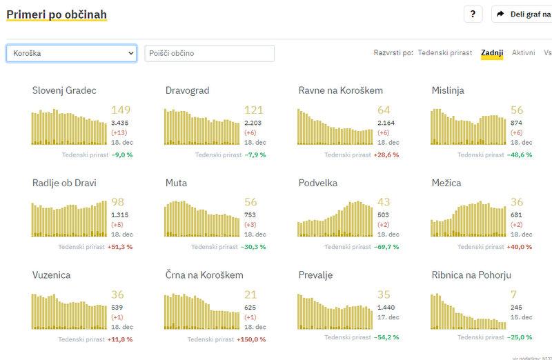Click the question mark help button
pyautogui.click(x=473, y=14)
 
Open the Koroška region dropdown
pyautogui.click(x=72, y=53)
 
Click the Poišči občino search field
pyautogui.click(x=209, y=53)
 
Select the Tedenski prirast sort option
pyautogui.click(x=445, y=52)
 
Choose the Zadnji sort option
pyautogui.click(x=492, y=52)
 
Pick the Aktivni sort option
pyautogui.click(x=523, y=52)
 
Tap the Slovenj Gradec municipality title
pyautogui.click(x=64, y=90)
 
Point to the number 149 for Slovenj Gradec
pyautogui.click(x=121, y=110)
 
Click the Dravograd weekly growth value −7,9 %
pyautogui.click(x=255, y=154)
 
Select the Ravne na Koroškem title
pyautogui.click(x=341, y=90)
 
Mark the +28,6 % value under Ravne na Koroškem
pyautogui.click(x=386, y=154)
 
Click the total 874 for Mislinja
pyautogui.click(x=517, y=123)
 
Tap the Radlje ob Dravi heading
pyautogui.click(x=64, y=183)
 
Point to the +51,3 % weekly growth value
pyautogui.click(x=120, y=247)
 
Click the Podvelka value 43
pyautogui.click(x=384, y=203)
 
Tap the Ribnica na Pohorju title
pyautogui.click(x=471, y=275)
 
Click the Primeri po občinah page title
pyautogui.click(x=57, y=14)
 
